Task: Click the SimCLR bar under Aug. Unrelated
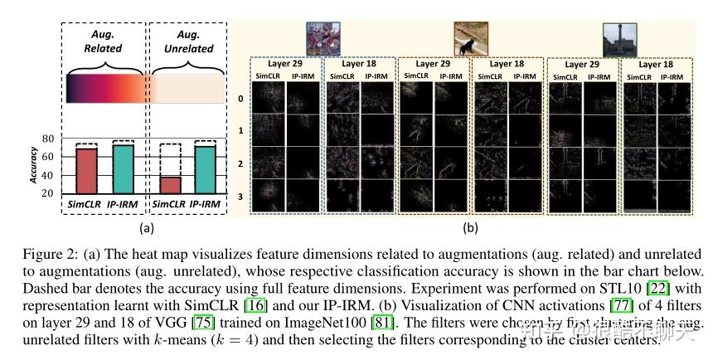click(x=169, y=184)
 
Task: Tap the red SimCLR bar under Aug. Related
click(x=86, y=170)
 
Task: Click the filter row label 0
click(x=241, y=99)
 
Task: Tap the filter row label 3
click(x=241, y=197)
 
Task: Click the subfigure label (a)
click(x=146, y=226)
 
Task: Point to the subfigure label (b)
click(x=471, y=225)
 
